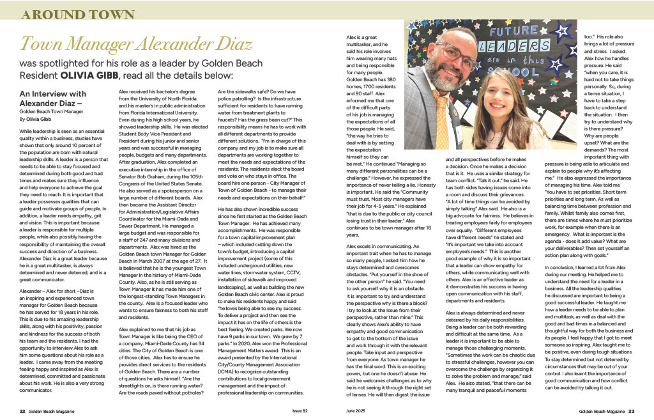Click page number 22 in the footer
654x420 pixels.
(22, 410)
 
